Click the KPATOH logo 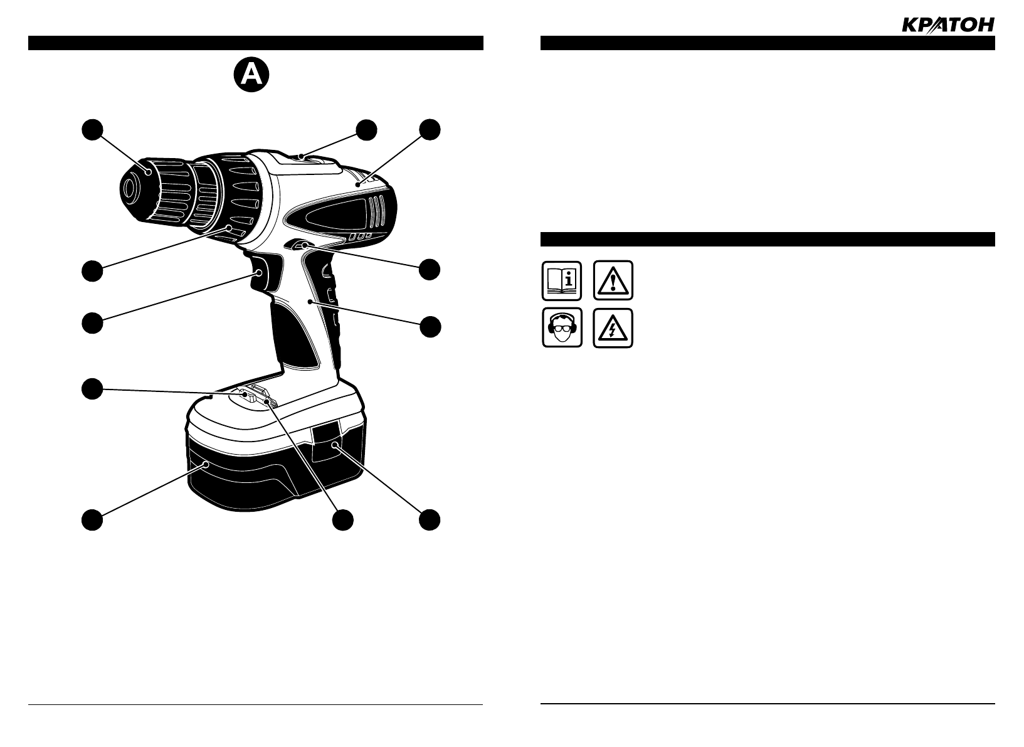point(947,24)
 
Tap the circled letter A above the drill point(251,75)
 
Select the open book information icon point(562,280)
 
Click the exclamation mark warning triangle point(613,280)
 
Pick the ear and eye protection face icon point(562,327)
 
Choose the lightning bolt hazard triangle point(613,327)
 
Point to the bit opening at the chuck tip point(130,188)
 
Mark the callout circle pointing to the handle point(430,327)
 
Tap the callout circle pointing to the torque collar point(92,270)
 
